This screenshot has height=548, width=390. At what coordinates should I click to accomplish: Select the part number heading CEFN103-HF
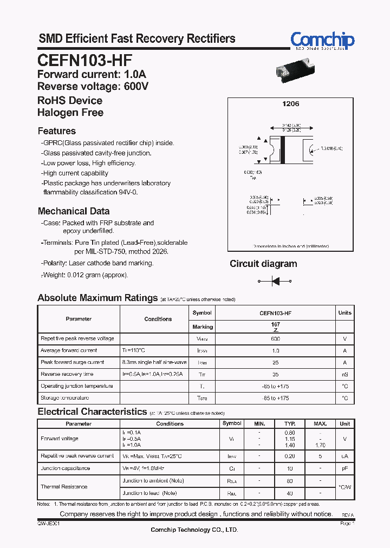pos(84,60)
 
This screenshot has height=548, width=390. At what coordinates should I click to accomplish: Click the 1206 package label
pos(291,103)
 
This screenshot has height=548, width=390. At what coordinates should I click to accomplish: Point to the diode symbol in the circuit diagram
pos(275,281)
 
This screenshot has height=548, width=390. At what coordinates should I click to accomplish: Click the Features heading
pos(57,131)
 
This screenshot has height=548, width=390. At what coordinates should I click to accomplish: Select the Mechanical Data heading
pos(74,211)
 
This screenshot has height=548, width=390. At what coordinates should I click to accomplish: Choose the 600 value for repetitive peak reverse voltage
pos(275,338)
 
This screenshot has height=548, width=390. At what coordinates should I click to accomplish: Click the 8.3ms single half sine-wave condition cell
pos(154,362)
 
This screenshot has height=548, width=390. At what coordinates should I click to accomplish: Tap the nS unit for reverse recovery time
pos(344,374)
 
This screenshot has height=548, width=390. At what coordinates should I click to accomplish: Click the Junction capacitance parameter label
pos(66,468)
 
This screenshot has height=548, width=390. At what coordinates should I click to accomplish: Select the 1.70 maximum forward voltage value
pos(321,445)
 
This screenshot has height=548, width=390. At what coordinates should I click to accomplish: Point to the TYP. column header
pos(290,423)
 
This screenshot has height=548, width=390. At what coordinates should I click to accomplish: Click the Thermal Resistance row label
pos(64,487)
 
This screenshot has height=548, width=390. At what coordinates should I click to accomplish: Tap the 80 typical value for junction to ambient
pos(290,481)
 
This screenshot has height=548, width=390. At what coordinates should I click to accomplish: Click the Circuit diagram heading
pos(263,264)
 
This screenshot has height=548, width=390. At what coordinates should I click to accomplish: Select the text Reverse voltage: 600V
pos(93,87)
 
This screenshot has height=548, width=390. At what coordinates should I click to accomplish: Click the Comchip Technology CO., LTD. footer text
pos(194,530)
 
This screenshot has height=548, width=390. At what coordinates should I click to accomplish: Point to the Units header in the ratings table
pos(344,313)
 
